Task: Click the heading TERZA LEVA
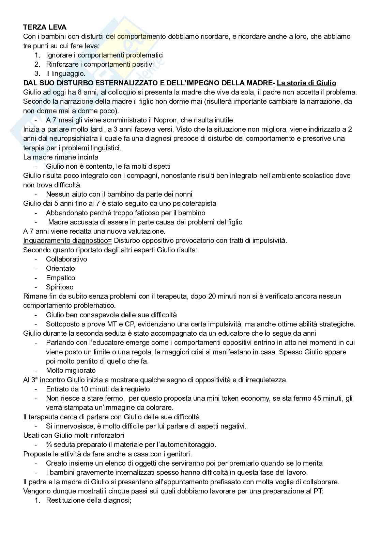pyautogui.click(x=45, y=27)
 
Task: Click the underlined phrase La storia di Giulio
pyautogui.click(x=306, y=83)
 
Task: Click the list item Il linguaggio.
pyautogui.click(x=66, y=73)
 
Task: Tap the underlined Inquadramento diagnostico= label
pyautogui.click(x=67, y=240)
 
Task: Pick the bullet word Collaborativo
pyautogui.click(x=66, y=259)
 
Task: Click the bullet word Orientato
pyautogui.click(x=60, y=268)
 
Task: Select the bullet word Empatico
pyautogui.click(x=60, y=278)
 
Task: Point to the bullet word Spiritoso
pyautogui.click(x=60, y=287)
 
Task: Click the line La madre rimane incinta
pyautogui.click(x=61, y=157)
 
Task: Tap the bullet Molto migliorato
pyautogui.click(x=71, y=370)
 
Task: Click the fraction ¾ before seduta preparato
pyautogui.click(x=48, y=444)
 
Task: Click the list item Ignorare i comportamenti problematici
pyautogui.click(x=105, y=55)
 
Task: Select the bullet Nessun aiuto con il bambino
pyautogui.click(x=119, y=194)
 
